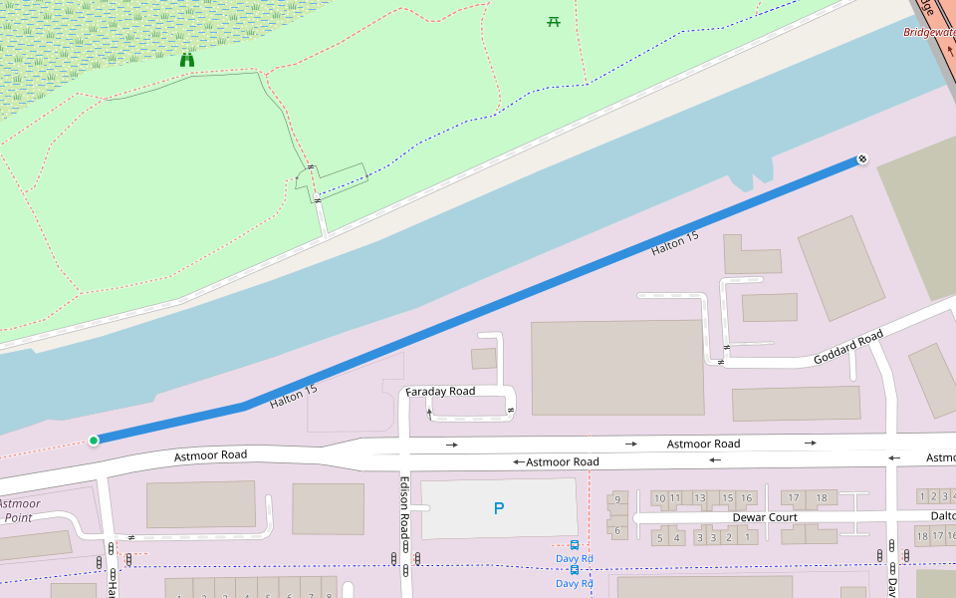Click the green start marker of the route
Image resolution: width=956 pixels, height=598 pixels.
pos(94,440)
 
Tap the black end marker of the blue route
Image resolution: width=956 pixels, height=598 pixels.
pos(862,158)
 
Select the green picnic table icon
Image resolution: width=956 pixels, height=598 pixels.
pos(554,21)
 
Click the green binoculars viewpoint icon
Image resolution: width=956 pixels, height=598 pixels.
pos(187,60)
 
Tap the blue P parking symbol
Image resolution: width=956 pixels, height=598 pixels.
pos(499,508)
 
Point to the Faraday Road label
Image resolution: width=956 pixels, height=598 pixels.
pos(440,392)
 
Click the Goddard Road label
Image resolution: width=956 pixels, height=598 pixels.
pos(847,347)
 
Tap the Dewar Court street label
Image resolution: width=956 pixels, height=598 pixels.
pos(765,517)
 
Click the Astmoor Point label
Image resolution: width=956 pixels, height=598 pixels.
pos(20,510)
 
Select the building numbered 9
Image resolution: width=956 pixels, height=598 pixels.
pos(617,499)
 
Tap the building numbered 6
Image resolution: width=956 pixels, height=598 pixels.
pos(617,530)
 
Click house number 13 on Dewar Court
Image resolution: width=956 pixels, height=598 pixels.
pos(700,497)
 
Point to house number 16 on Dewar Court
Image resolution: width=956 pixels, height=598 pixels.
pos(747,497)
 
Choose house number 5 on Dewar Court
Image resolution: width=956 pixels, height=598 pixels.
pos(659,538)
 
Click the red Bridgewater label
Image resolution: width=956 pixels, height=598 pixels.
pos(929,32)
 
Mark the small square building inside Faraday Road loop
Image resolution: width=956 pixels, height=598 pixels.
pos(484,359)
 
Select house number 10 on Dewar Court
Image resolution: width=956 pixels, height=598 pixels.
pos(659,497)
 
